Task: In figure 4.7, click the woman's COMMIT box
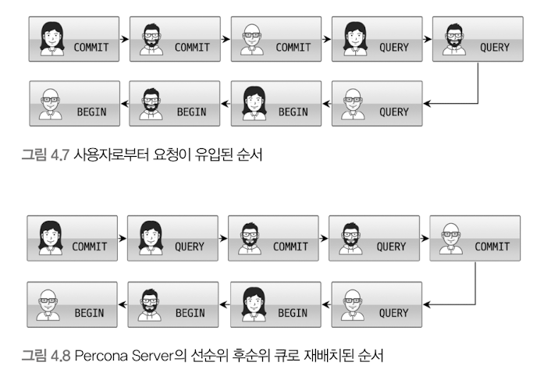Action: [75, 39]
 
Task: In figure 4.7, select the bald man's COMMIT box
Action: [276, 39]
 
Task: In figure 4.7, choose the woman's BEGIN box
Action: [276, 104]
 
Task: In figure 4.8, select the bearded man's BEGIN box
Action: [174, 304]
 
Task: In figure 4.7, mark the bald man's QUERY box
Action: [377, 104]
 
